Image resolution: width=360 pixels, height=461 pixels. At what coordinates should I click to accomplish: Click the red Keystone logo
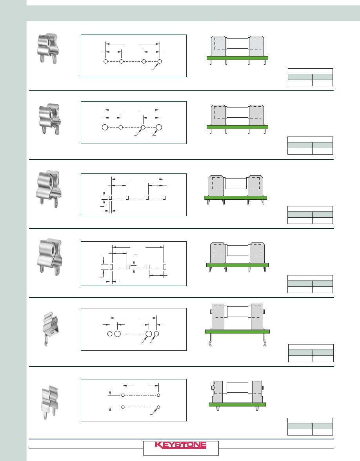pos(181,445)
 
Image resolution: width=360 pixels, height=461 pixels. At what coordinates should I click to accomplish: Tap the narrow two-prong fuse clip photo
pos(50,402)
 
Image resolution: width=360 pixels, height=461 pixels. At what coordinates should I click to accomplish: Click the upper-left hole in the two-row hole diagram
pos(123,395)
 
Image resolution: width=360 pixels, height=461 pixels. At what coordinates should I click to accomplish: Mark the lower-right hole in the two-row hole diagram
pos(158,407)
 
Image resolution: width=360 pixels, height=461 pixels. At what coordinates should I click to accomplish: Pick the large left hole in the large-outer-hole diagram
pos(105,127)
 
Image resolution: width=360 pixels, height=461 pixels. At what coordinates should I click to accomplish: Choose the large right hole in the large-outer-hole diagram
pos(159,127)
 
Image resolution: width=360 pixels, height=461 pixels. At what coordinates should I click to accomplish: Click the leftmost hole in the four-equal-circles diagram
pos(105,62)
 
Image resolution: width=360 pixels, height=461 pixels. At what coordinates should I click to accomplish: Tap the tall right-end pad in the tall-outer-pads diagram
pos(165,267)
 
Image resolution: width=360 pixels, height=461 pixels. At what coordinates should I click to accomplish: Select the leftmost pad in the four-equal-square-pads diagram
pos(111,198)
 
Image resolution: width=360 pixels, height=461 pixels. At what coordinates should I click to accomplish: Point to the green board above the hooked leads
pos(238,332)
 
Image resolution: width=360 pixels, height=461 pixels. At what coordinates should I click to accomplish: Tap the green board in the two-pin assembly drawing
pos(238,405)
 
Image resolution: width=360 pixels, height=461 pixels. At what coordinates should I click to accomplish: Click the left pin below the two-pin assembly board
pos(218,409)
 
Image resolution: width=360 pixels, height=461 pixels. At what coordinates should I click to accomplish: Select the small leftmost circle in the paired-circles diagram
pos(110,334)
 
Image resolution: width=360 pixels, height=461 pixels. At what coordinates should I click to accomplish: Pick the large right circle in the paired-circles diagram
pos(149,334)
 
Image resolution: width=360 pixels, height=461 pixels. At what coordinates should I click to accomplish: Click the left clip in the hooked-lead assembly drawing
pos(218,317)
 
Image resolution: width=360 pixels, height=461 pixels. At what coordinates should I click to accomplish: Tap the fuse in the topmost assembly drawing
pos(238,44)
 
